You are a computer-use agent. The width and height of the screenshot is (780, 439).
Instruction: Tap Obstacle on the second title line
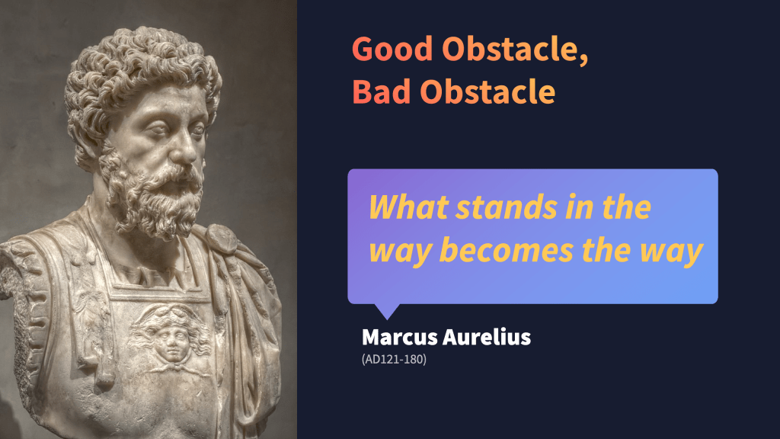tap(488, 91)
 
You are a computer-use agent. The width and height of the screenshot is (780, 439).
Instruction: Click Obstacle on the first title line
tap(510, 49)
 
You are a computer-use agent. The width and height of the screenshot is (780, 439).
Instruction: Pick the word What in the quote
tap(408, 207)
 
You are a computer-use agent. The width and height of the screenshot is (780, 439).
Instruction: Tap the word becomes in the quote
tap(507, 250)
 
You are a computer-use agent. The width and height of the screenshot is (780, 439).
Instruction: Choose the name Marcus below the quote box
tap(400, 337)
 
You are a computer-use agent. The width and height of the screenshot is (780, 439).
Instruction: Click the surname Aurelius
tap(487, 337)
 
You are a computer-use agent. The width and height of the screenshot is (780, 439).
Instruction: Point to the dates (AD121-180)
tap(394, 360)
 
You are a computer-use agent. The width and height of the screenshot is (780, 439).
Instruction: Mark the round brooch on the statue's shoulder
tap(222, 238)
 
